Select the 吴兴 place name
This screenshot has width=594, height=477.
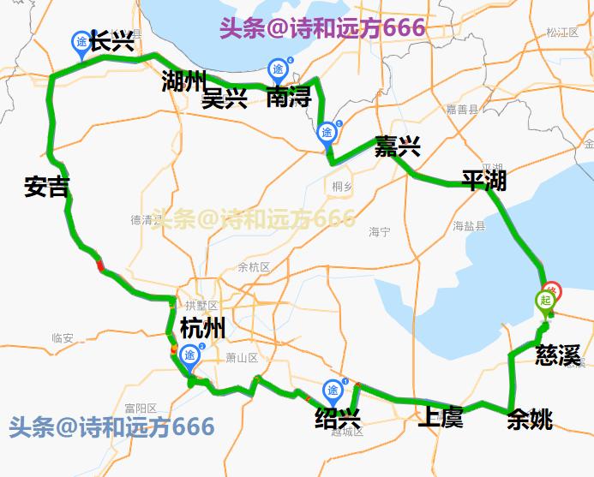[x=225, y=99]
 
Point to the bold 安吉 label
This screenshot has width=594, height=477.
[x=47, y=187]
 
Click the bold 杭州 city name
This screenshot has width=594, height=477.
[x=203, y=328]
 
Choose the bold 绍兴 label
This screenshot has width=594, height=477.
[x=337, y=418]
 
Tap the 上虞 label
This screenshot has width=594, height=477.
[x=440, y=418]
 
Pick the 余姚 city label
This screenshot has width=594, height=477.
[x=530, y=419]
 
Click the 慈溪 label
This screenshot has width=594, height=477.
[x=558, y=354]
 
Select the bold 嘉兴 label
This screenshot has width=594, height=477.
[x=397, y=147]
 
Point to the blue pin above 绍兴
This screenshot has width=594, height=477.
[x=332, y=391]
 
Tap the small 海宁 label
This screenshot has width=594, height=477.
[x=380, y=232]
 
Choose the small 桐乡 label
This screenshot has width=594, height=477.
[x=342, y=185]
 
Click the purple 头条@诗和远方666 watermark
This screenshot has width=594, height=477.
[x=322, y=27]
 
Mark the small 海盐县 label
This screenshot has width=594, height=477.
[x=469, y=226]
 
